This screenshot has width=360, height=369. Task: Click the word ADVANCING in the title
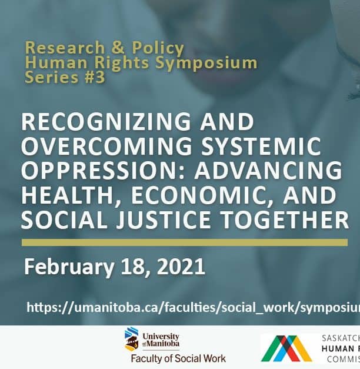point(275,171)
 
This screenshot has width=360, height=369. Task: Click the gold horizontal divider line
point(184,242)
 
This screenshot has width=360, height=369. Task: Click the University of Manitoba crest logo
point(132,340)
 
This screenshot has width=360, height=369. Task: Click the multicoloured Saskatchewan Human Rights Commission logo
point(287,348)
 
